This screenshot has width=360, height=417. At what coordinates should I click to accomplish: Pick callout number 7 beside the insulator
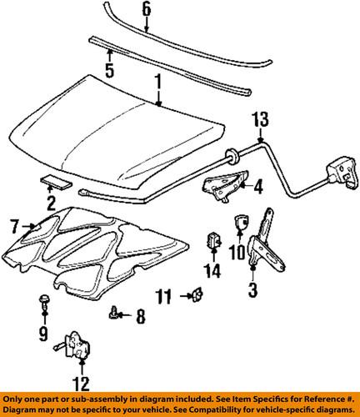pos(13,224)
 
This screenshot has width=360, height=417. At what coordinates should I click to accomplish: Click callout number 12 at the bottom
pos(80,384)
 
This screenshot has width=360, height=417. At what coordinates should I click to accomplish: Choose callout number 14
pos(212,270)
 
